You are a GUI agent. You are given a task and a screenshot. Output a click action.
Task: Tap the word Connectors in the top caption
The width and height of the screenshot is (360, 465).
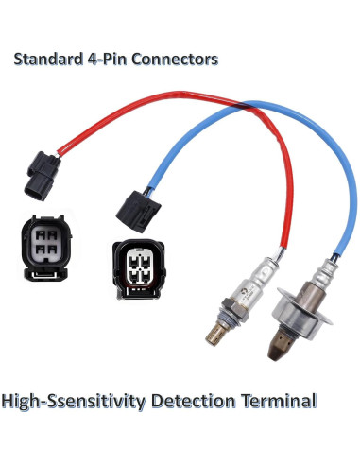point(176,59)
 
